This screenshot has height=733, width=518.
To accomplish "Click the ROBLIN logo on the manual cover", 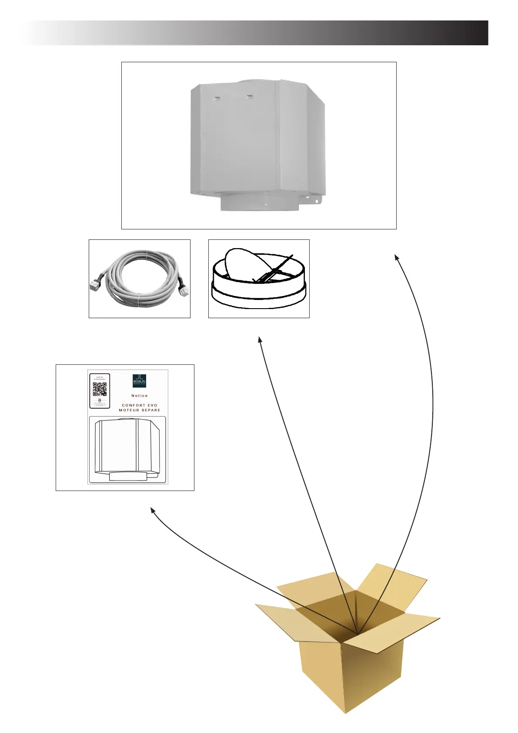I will point(139,381).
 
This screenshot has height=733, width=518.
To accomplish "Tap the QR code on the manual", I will point(100,389).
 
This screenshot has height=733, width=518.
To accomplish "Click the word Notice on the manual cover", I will point(140,396).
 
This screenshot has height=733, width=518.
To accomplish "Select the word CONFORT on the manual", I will point(134,405).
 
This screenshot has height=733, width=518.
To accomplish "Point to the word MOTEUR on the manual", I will point(129,410).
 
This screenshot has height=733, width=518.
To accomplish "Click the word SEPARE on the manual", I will point(150,410).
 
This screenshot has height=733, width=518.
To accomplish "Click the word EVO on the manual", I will point(152,405).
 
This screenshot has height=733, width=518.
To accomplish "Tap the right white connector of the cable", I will point(184,290).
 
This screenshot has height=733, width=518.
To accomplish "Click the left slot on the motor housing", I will point(215,99).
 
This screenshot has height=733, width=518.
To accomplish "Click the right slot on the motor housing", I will point(249,97).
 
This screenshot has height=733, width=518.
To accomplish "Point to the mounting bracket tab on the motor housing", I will point(316,200).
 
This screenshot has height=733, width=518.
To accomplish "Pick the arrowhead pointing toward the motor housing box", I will point(397,257).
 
